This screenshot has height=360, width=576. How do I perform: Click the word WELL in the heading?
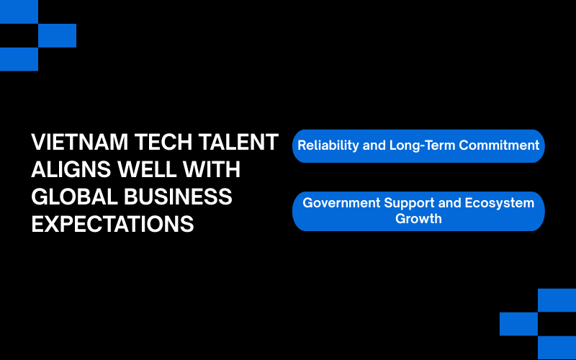tap(149, 170)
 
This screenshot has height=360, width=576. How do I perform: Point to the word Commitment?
tap(500, 145)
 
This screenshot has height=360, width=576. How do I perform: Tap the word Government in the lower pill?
tap(341, 203)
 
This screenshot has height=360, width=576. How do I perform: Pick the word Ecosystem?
tap(501, 203)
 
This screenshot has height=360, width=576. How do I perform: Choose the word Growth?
tap(418, 218)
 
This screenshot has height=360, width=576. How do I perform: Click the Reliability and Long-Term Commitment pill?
tap(418, 145)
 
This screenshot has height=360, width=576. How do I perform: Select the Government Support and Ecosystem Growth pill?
tap(418, 211)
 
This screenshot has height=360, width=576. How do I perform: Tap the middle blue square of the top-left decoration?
tap(57, 35)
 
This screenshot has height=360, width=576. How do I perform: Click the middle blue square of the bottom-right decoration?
tap(518, 324)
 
